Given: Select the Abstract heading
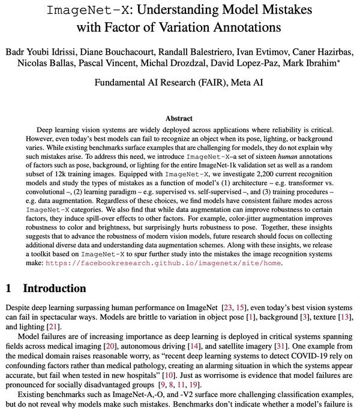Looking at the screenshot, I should tap(180, 119).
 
